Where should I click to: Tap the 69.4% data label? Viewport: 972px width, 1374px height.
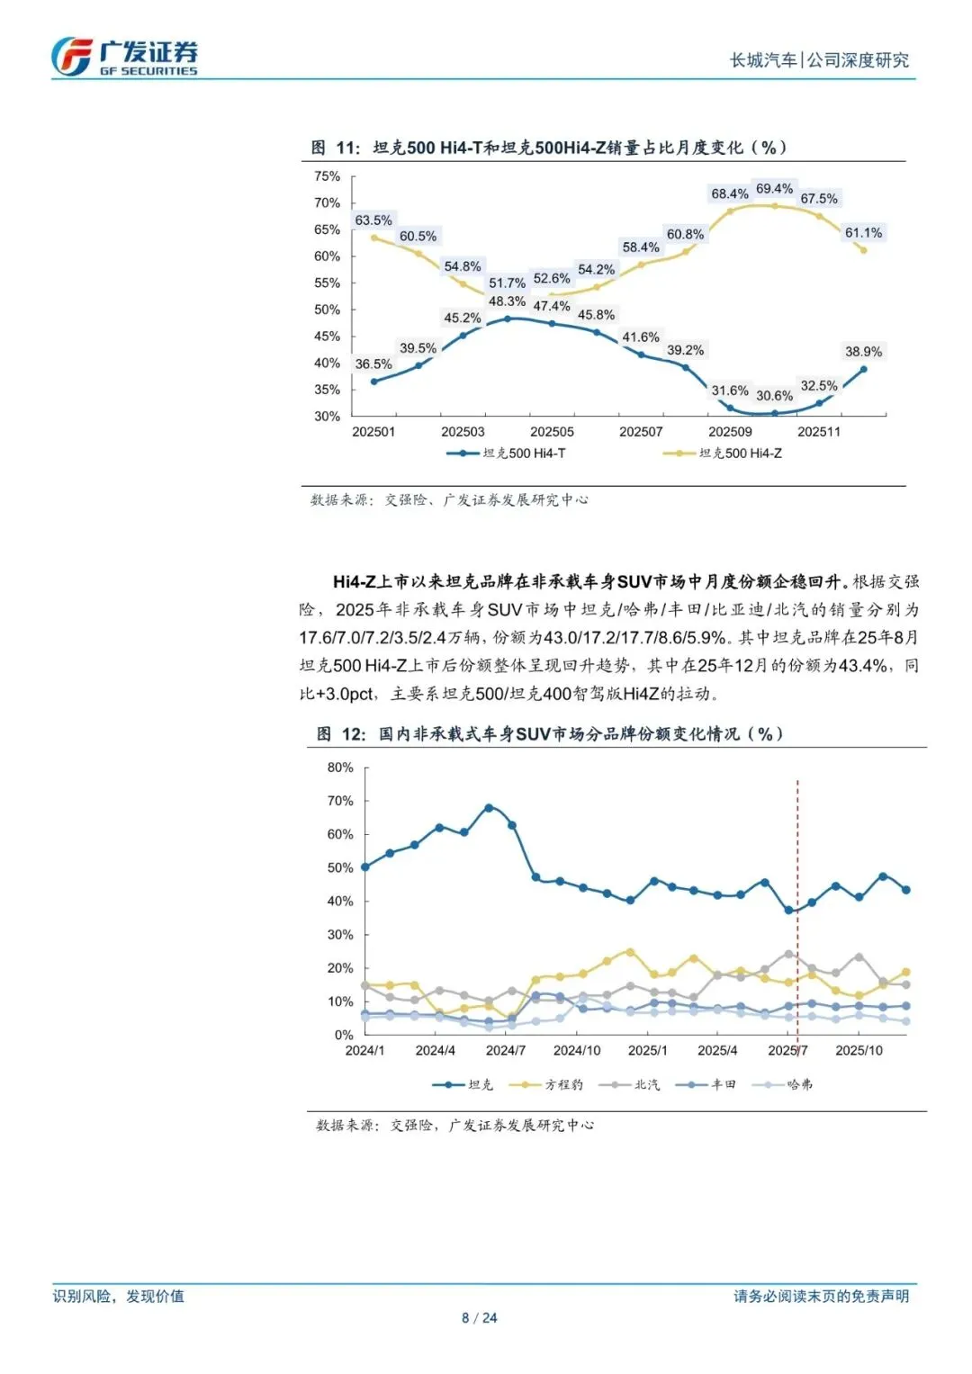point(774,189)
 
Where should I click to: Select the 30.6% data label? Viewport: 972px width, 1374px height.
point(774,396)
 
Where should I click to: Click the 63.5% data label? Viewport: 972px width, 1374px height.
point(373,220)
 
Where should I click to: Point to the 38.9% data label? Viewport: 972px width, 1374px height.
point(863,352)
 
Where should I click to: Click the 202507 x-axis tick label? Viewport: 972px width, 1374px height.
point(641,432)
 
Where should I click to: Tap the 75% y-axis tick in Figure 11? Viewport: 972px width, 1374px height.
point(327,176)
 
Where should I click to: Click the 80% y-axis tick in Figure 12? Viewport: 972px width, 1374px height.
point(340,768)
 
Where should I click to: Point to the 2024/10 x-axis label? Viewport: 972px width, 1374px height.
point(577,1050)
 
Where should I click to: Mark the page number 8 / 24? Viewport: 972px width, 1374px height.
point(479,1318)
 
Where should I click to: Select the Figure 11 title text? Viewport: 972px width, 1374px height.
point(549,148)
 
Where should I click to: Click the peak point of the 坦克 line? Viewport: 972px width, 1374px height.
point(489,808)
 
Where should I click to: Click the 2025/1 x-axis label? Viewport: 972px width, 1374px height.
point(647,1050)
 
